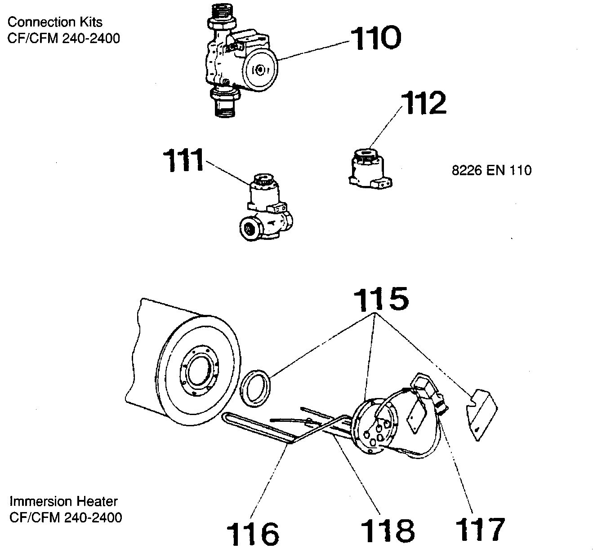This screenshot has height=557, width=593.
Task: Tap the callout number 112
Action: point(424,103)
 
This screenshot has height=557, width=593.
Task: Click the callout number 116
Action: point(252,533)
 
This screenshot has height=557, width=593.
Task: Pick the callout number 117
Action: point(480,529)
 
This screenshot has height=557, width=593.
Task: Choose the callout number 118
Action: point(388,530)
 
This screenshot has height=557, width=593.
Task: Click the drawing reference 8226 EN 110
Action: point(491,170)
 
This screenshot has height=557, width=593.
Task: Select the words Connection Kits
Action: point(55,22)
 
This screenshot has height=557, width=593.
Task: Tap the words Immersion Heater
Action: point(63,501)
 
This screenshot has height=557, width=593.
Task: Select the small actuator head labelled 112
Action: point(370,168)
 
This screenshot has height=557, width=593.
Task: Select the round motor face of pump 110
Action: point(260,70)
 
